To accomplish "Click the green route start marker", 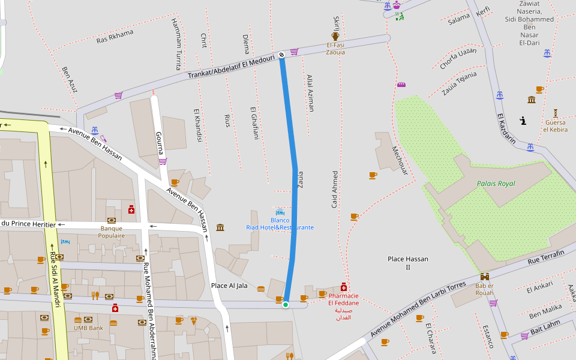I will pyautogui.click(x=286, y=305).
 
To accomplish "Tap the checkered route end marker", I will pyautogui.click(x=281, y=55).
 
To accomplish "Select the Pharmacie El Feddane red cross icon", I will pyautogui.click(x=344, y=287).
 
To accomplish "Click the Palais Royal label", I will pyautogui.click(x=496, y=184).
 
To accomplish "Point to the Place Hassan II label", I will pyautogui.click(x=408, y=263).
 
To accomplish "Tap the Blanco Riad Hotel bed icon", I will pyautogui.click(x=280, y=212).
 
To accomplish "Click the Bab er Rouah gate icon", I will pyautogui.click(x=484, y=277).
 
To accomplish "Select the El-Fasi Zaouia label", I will pyautogui.click(x=335, y=49).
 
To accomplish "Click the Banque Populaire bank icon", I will pyautogui.click(x=112, y=220).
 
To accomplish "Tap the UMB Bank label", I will pyautogui.click(x=88, y=328).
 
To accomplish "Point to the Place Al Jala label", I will pyautogui.click(x=229, y=286).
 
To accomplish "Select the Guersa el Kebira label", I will pyautogui.click(x=555, y=126).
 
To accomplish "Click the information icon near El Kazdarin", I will pyautogui.click(x=523, y=121).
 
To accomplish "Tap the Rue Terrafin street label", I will pyautogui.click(x=546, y=257).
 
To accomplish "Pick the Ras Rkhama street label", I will pyautogui.click(x=115, y=37).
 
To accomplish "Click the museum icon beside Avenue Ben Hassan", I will pyautogui.click(x=220, y=227).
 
